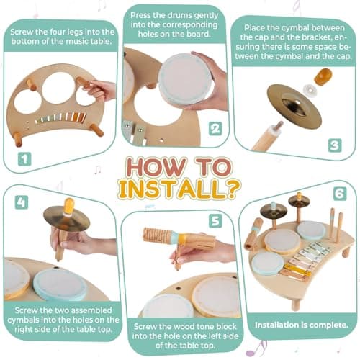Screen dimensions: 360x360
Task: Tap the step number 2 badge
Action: tap(215, 129)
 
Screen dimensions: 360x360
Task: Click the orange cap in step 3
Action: tap(323, 76)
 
